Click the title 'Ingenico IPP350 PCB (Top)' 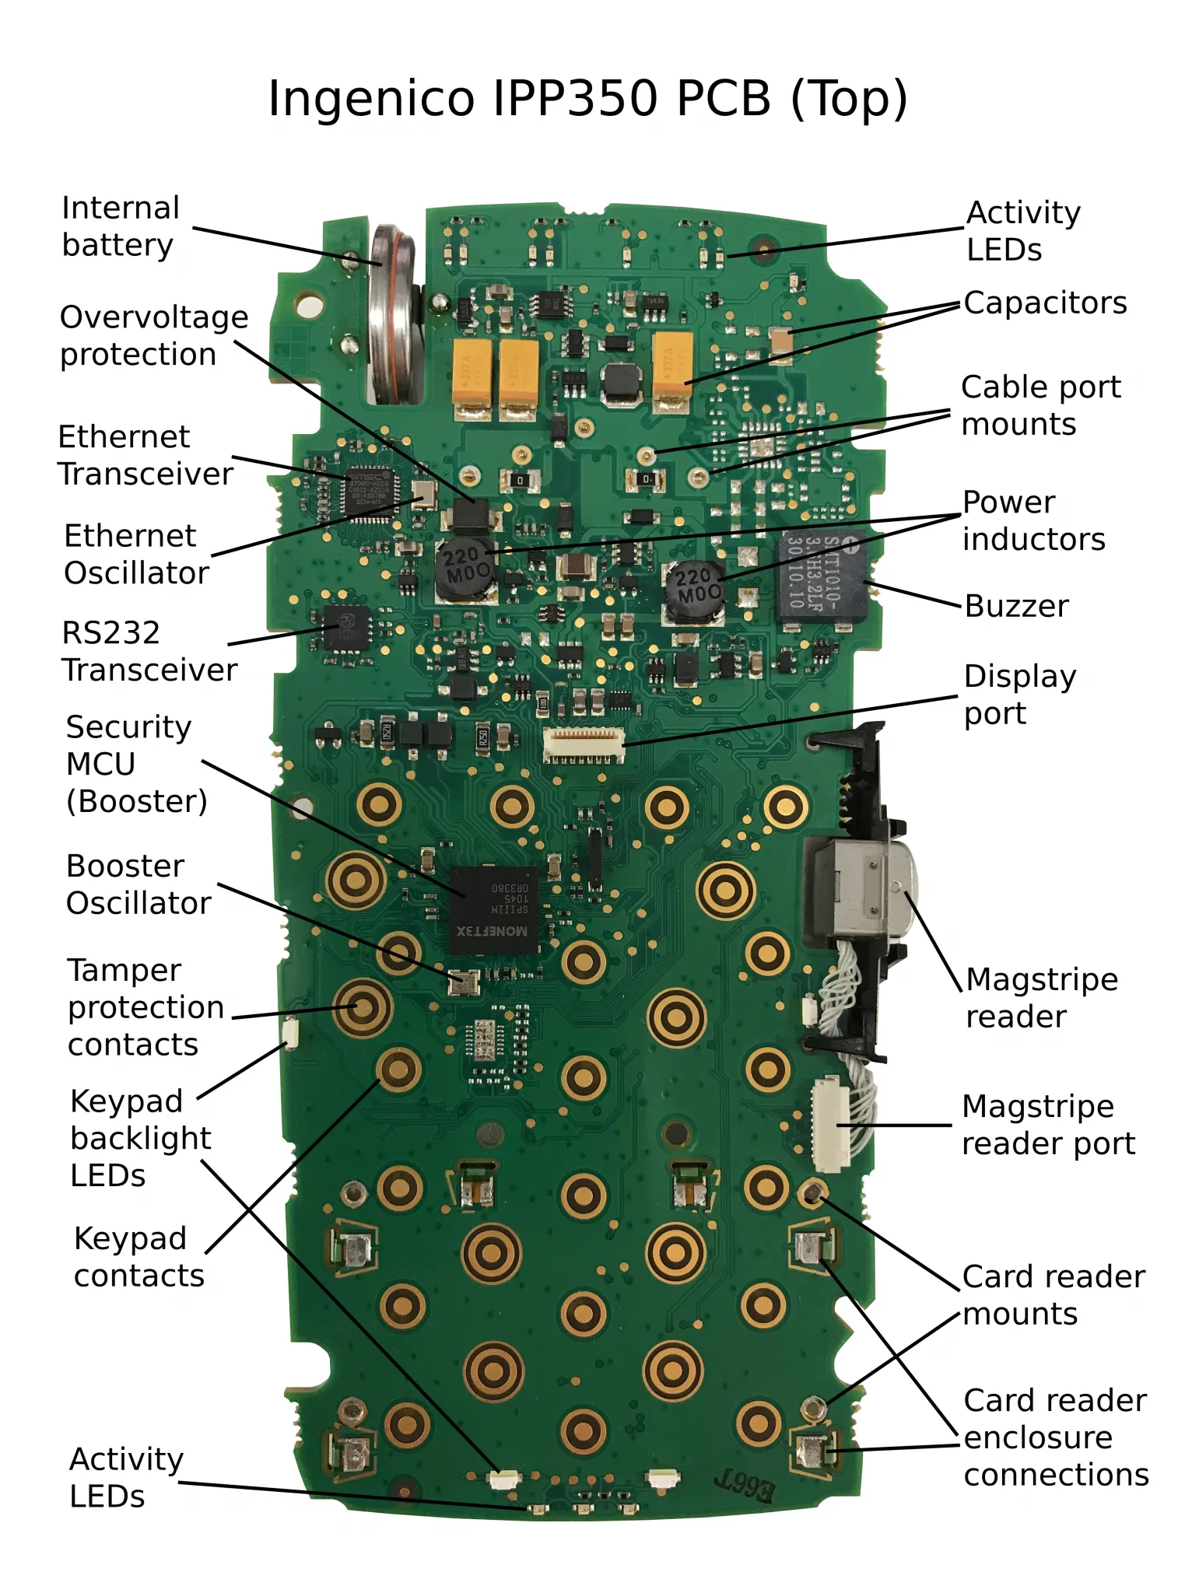pos(587,99)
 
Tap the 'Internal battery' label pos(120,226)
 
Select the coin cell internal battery pos(391,315)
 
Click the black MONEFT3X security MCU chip pos(494,909)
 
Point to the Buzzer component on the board pos(821,576)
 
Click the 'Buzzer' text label pos(1016,606)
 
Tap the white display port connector pos(584,744)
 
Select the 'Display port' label pos(1019,695)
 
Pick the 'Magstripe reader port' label pos(1047,1125)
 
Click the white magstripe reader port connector pos(830,1124)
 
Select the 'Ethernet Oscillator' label pos(136,554)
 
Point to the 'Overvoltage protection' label pos(153,335)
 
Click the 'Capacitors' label pos(1045,303)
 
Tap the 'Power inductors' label pos(1033,520)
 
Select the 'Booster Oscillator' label pos(138,884)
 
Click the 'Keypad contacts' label pos(138,1257)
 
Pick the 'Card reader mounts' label pos(1053,1295)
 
